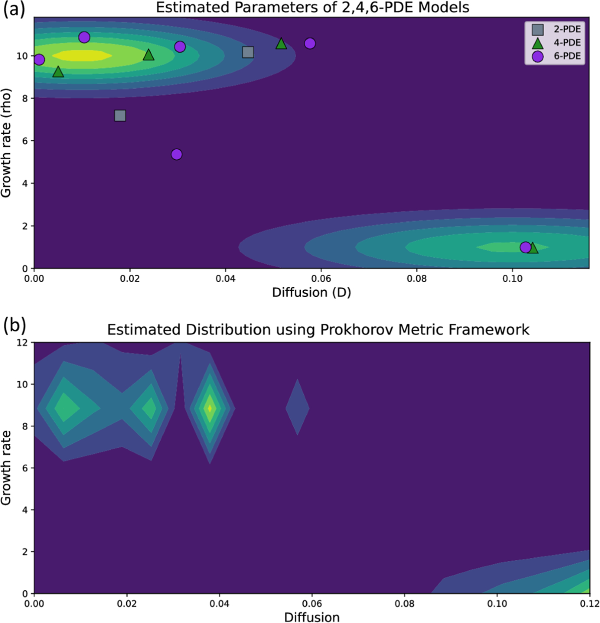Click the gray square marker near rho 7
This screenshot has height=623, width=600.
120,116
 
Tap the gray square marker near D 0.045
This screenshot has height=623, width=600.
248,52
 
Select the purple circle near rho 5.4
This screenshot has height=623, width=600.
176,154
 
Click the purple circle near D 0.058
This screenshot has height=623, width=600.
310,44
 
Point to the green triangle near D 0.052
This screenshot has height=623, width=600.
281,44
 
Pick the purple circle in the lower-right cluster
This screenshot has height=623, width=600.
525,247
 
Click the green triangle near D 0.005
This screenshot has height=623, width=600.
58,72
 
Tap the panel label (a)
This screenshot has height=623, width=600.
14,10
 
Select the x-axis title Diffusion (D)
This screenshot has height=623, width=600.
311,292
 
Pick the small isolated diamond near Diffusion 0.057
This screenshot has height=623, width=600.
297,407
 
